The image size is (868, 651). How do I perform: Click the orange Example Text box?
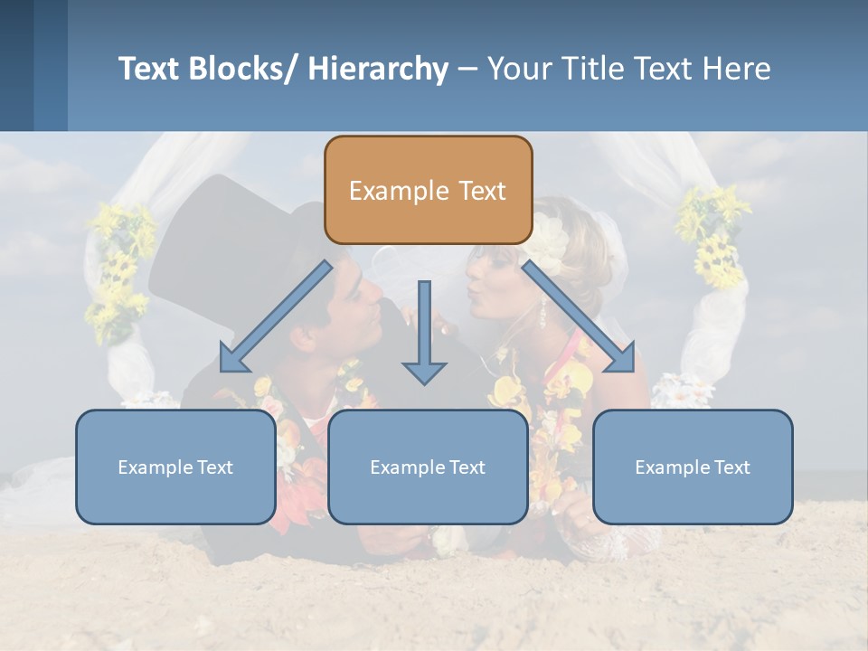pos(428,190)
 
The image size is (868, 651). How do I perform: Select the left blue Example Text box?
pos(175,467)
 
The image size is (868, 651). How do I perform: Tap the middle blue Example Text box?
pos(428,467)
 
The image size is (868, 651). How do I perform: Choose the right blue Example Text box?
pos(693,467)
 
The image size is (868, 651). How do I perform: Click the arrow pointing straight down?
pos(424,335)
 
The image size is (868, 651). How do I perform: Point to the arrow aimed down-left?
pos(276,317)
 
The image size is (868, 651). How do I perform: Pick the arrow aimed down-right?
pos(579,317)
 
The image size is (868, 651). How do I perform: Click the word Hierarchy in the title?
pos(378,69)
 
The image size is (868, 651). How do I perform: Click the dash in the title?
pos(467,69)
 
